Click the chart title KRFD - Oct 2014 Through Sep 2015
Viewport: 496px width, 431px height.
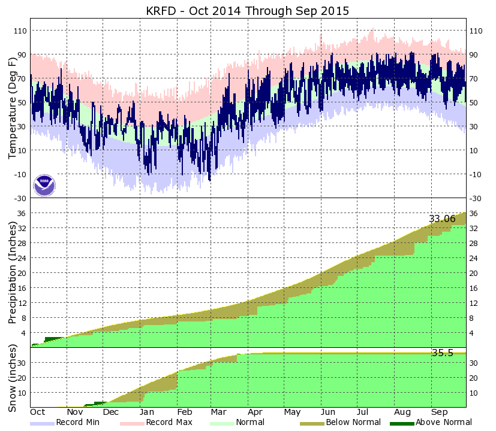pos(248,11)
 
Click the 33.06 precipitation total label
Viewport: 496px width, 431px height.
pos(442,219)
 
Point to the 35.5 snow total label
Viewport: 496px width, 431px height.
pos(442,353)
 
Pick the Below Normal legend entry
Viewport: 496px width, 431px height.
pos(353,422)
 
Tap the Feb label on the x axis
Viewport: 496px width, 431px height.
pos(184,412)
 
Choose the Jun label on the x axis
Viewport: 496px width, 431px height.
pos(328,412)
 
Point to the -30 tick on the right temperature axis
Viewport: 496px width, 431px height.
pos(476,198)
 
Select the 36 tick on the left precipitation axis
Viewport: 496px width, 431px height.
pos(22,214)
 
